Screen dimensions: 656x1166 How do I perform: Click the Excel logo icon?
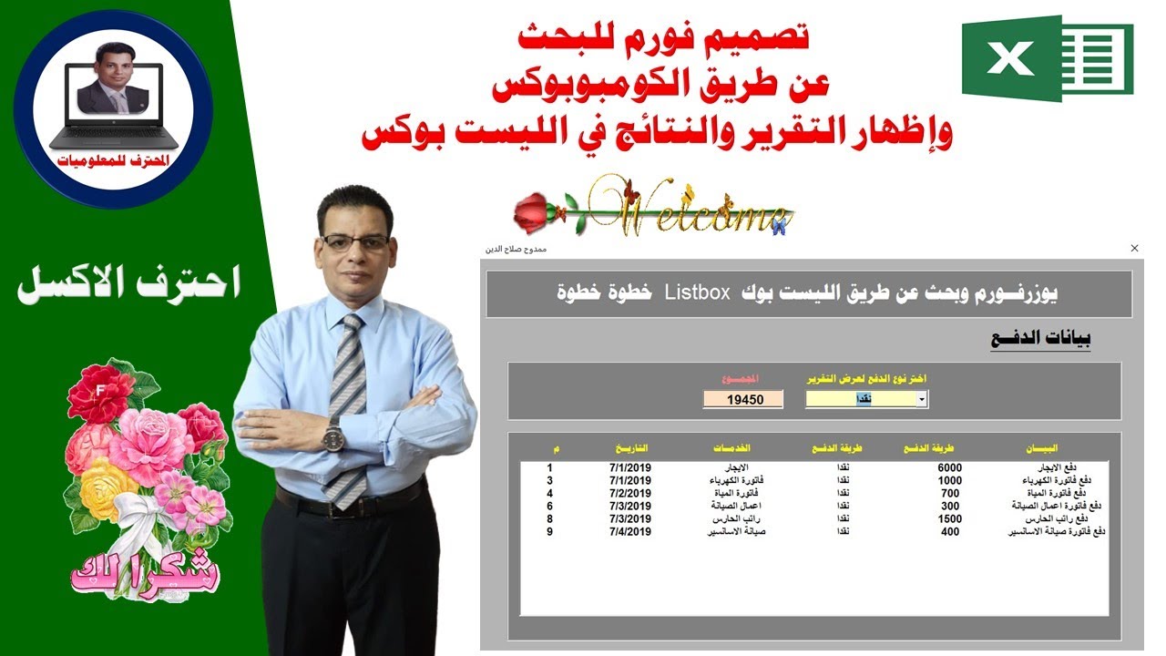coord(1048,57)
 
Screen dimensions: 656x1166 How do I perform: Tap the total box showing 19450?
coord(742,399)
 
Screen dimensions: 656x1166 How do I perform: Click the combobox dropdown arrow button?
coord(922,399)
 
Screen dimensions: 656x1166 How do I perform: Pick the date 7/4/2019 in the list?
coord(630,531)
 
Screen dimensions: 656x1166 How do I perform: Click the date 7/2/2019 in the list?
coord(630,493)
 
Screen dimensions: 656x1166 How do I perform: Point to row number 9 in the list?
coord(549,531)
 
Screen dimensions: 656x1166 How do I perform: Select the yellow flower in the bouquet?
coord(107,488)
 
